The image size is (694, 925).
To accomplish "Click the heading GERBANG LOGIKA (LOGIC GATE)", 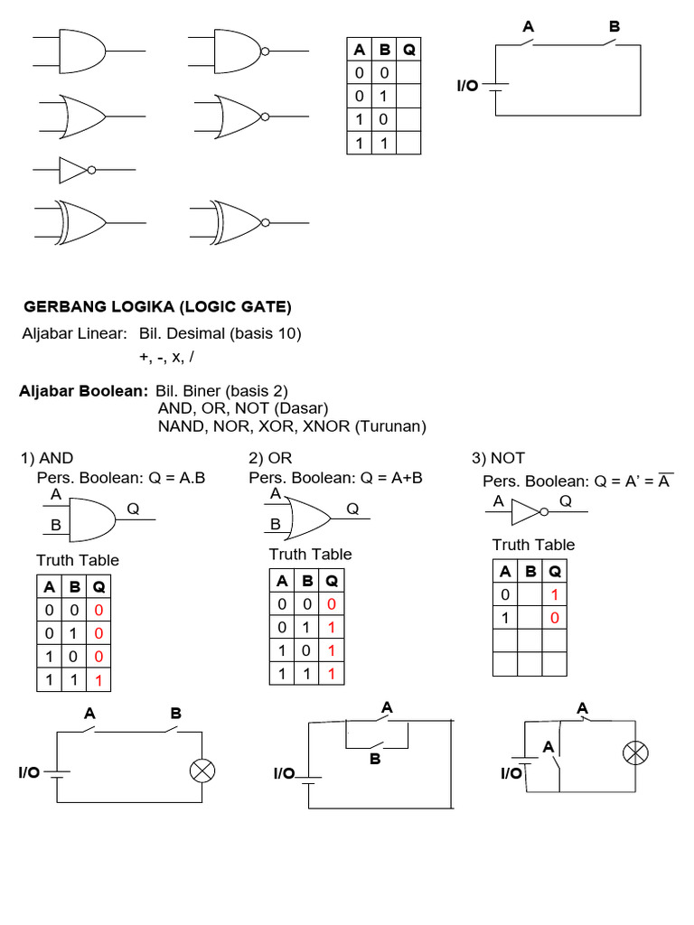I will click(x=157, y=306).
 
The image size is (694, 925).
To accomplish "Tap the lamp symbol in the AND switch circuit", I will click(x=201, y=771).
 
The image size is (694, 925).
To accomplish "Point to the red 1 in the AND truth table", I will click(x=98, y=680).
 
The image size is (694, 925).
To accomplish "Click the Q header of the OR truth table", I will click(x=333, y=580).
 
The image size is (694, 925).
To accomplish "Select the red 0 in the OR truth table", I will click(x=333, y=603).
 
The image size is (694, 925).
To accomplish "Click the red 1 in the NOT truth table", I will click(x=556, y=594).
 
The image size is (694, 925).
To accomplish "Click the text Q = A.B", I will click(x=178, y=476).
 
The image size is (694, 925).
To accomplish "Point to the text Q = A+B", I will click(x=393, y=477).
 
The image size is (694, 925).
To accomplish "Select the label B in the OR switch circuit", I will click(x=375, y=760).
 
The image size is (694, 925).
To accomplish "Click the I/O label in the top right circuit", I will click(x=468, y=87).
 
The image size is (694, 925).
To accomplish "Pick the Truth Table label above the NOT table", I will click(x=533, y=544).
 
